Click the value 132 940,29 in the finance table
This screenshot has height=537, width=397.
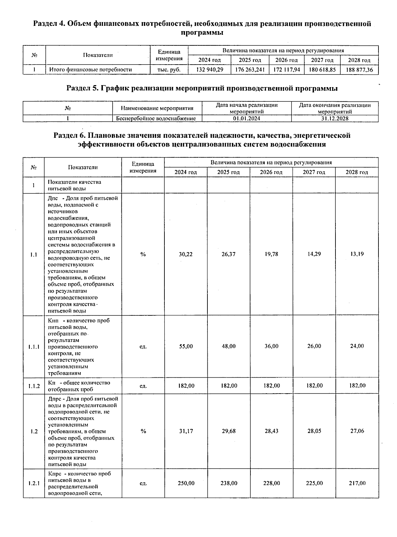click(x=209, y=70)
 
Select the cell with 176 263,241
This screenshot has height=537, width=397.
click(x=250, y=70)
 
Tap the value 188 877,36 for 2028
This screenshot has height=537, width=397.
click(x=359, y=70)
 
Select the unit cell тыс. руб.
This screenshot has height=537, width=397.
click(x=169, y=70)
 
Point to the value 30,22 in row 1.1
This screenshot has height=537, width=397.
click(x=186, y=254)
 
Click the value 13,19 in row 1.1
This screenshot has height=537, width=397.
click(x=357, y=254)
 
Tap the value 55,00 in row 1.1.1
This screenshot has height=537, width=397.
click(x=186, y=346)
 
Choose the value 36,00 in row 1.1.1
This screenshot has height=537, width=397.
click(x=271, y=346)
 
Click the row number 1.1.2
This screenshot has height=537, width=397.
click(x=34, y=386)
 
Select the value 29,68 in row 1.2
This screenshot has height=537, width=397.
click(x=229, y=431)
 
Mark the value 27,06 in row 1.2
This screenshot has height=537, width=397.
click(x=357, y=431)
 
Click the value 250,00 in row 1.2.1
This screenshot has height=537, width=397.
click(x=186, y=483)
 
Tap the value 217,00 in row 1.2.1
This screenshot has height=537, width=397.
click(x=357, y=483)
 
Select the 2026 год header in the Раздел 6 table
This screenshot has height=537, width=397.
click(x=271, y=172)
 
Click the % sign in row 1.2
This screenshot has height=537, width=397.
click(x=143, y=431)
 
